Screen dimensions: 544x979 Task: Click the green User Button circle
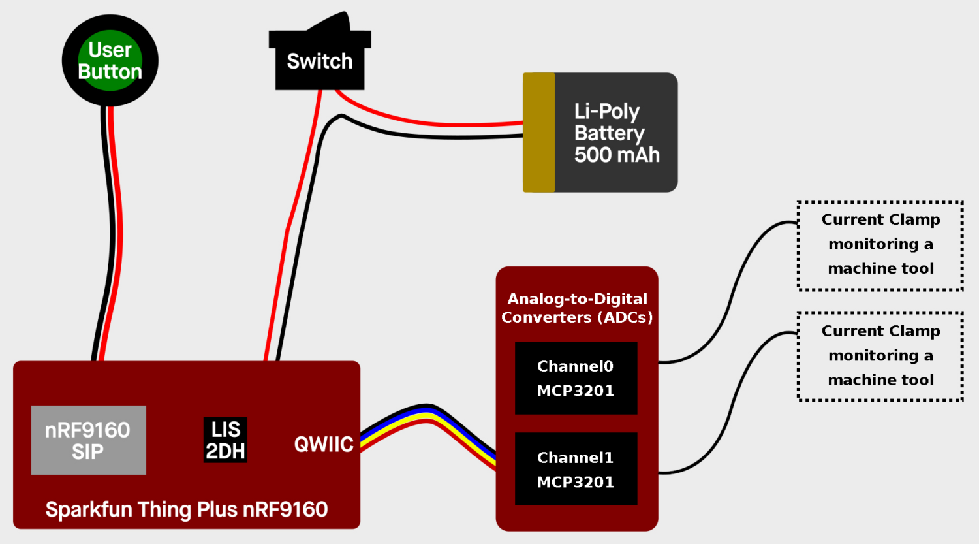coord(110,61)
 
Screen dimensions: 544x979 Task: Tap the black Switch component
coord(319,62)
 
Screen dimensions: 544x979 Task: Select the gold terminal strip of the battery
coord(538,133)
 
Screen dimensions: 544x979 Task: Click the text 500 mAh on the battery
coord(617,155)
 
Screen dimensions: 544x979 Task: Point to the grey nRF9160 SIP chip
coord(88,440)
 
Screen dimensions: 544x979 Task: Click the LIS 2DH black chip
coord(225,440)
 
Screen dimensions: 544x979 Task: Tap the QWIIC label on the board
coord(324,445)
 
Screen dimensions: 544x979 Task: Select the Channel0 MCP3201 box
coord(576,378)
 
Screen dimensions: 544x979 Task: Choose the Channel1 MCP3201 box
coord(576,469)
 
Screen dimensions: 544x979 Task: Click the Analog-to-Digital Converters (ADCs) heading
coord(577,308)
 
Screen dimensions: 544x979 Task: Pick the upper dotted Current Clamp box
coord(880,245)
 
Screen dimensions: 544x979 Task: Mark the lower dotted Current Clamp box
coord(880,356)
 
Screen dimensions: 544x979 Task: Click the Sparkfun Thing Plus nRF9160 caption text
coord(187,509)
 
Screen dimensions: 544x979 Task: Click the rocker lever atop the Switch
coord(330,23)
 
